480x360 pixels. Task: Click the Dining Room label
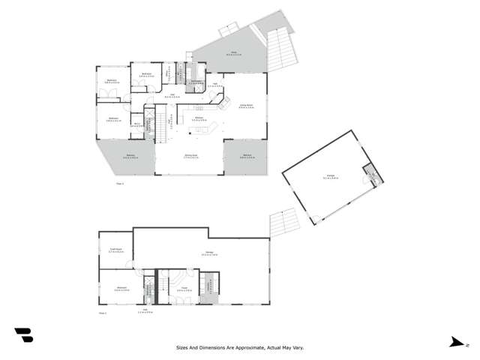point(191,155)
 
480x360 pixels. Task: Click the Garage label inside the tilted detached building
point(330,177)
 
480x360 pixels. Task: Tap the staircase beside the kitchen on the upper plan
point(159,124)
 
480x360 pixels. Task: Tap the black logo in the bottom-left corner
point(23,335)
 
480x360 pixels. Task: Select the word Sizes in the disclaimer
point(182,348)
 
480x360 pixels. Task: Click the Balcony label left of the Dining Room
point(130,157)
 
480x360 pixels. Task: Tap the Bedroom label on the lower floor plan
point(121,287)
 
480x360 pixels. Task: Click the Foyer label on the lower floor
point(183,287)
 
